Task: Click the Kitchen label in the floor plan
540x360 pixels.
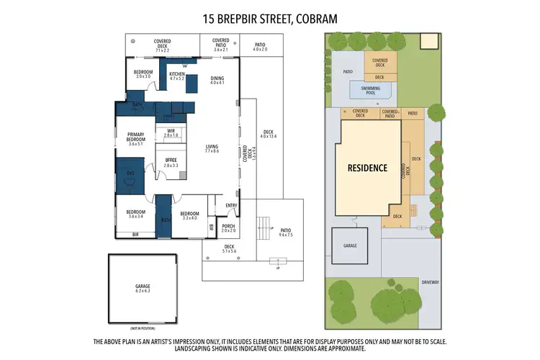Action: pos(177,73)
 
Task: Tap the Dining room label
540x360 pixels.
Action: pos(217,78)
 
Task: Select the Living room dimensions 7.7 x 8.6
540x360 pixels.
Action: pos(211,151)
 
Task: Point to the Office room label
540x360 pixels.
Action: pos(171,160)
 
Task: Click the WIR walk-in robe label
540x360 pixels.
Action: pos(171,131)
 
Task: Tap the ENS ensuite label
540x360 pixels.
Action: pos(130,174)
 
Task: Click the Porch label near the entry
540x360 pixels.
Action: pos(228,226)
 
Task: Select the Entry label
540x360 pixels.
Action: pos(231,205)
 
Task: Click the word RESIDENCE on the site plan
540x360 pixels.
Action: pos(367,168)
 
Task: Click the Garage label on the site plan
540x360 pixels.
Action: pos(350,246)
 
